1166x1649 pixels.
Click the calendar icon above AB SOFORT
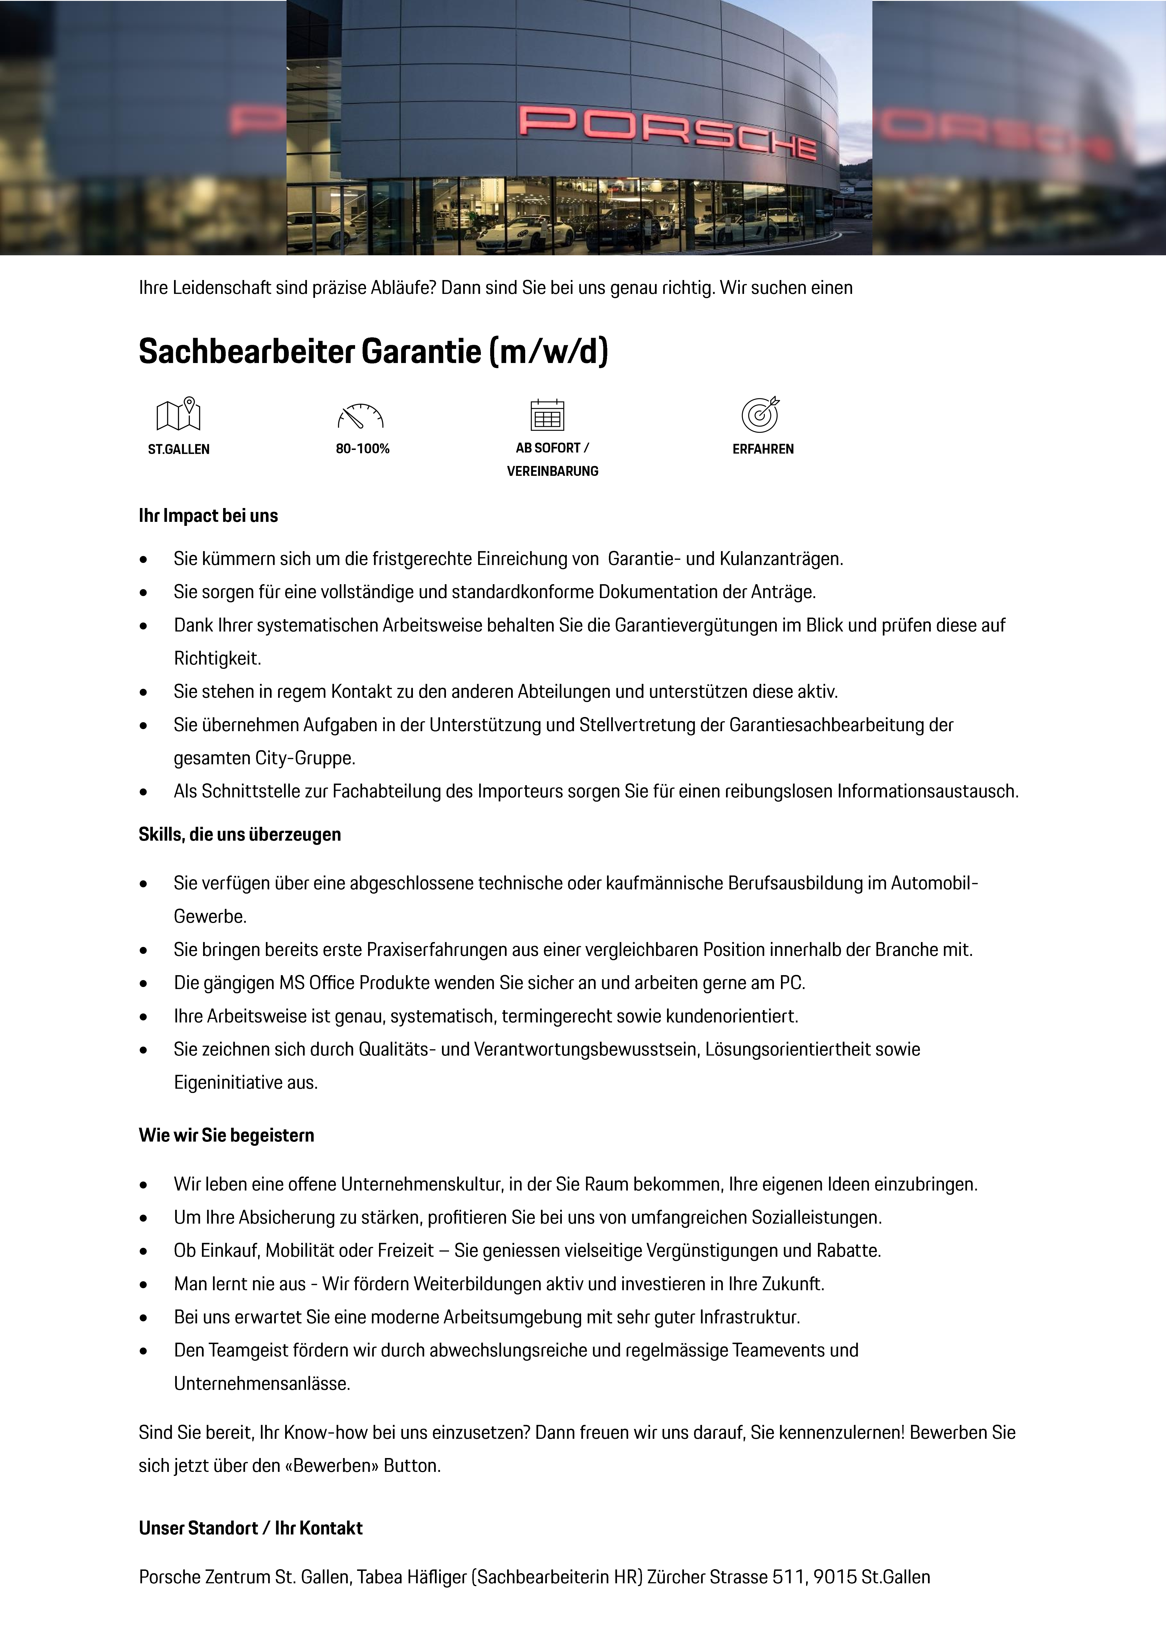point(547,415)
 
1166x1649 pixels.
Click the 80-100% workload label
point(363,449)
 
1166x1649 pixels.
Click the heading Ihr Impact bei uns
point(208,516)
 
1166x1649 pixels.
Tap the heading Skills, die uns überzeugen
point(240,835)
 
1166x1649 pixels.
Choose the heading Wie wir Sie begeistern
point(226,1135)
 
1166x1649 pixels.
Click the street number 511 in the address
point(788,1577)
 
